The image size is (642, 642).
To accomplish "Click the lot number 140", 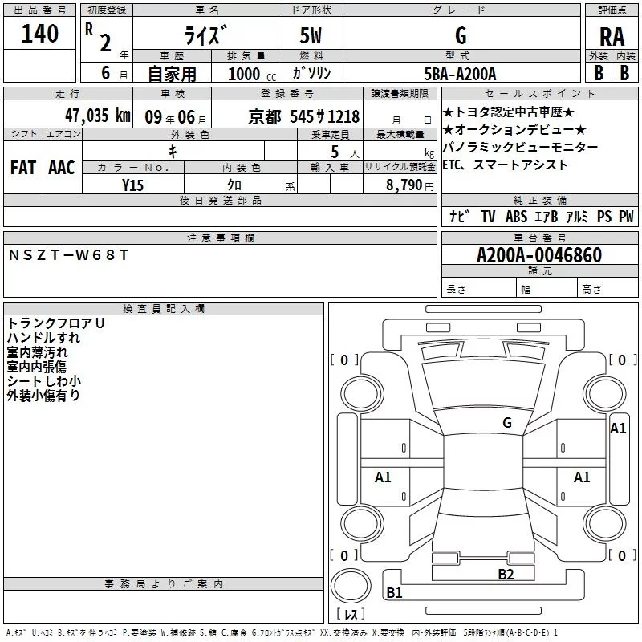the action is coord(40,35).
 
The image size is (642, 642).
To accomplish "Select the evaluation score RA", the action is coord(612,37).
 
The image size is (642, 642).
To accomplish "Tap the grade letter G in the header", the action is coord(461,36).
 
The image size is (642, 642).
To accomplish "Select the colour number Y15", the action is coord(133,185).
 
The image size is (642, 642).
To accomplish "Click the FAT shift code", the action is coord(22,168).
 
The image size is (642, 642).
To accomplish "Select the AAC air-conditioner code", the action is coord(62,168).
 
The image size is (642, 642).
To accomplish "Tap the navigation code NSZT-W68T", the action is coord(68,255).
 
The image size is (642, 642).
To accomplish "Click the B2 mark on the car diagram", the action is coord(505,574).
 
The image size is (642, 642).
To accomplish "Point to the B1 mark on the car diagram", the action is coord(394,593).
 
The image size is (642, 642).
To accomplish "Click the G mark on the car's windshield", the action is coord(506,423).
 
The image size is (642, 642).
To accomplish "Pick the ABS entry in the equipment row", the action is coord(516,217).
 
